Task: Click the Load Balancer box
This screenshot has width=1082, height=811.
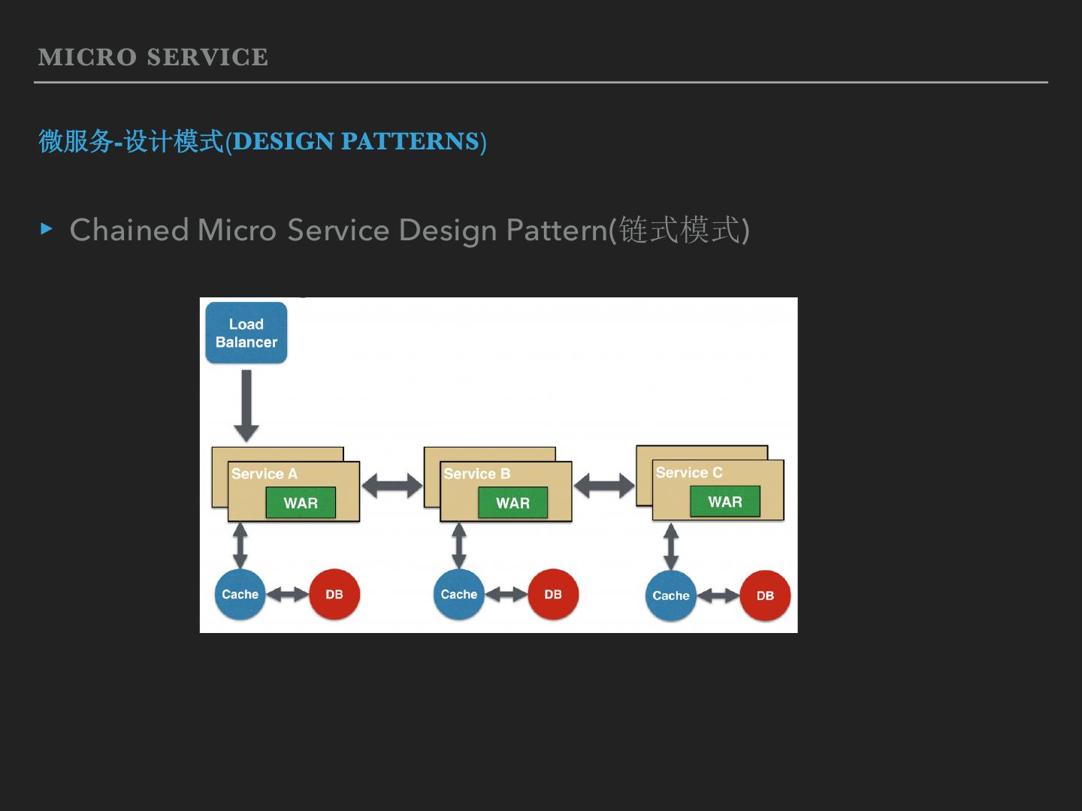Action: point(246,333)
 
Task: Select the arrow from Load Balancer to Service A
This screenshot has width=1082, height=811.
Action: point(246,405)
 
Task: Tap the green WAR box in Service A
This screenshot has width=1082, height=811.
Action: point(301,503)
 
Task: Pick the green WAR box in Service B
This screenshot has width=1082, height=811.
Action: point(512,503)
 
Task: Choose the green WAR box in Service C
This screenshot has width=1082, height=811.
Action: point(724,502)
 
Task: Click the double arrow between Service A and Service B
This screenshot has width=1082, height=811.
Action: point(392,486)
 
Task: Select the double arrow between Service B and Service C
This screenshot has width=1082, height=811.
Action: point(604,486)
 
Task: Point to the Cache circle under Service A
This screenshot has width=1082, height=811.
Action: point(240,594)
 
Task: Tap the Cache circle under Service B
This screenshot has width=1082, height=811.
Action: point(459,594)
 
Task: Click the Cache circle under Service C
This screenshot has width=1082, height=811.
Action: point(671,595)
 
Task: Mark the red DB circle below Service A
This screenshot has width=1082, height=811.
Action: point(334,594)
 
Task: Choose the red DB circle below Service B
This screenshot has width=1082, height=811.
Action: point(553,594)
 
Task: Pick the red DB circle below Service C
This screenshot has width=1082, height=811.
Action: point(765,595)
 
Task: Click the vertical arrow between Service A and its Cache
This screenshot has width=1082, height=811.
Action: point(240,546)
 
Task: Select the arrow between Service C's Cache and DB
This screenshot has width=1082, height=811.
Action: point(718,595)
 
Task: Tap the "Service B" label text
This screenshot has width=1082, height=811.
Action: point(476,474)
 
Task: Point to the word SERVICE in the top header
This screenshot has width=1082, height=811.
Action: point(207,58)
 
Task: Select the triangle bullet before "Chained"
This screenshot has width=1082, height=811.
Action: point(47,228)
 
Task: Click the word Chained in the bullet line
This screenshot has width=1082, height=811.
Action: point(128,230)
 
